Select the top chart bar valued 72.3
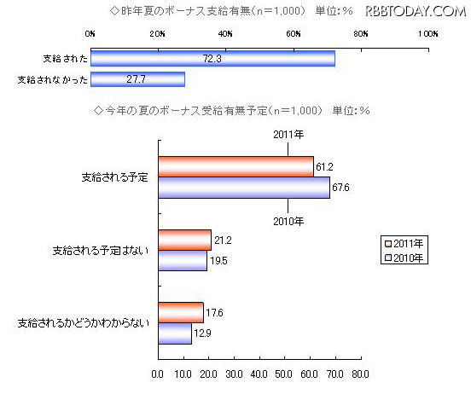212,59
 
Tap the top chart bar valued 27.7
137,79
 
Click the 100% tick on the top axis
427,34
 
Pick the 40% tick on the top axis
225,34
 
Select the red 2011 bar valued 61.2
235,167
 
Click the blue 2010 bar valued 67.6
244,188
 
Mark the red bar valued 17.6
180,313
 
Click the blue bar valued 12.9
174,333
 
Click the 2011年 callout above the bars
288,135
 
